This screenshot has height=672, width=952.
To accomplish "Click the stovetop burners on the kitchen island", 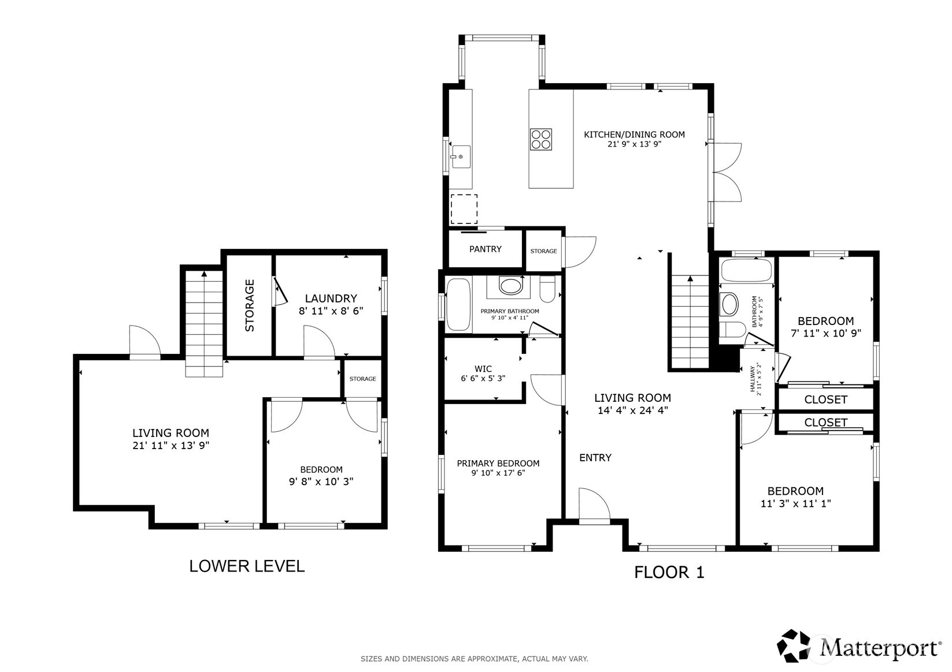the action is tap(540, 139).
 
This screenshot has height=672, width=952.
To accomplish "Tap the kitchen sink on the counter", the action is tap(461, 156).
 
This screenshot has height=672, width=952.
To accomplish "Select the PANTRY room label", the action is tap(486, 249).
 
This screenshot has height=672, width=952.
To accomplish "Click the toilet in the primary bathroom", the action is tap(547, 289).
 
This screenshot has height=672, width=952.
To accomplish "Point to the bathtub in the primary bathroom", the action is tap(458, 304).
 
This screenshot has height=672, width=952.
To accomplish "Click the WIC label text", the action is tap(483, 369).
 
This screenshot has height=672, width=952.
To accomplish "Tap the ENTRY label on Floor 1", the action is tap(595, 458).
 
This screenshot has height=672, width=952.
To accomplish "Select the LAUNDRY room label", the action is tap(331, 298).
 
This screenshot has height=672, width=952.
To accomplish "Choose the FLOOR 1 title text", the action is tap(669, 572).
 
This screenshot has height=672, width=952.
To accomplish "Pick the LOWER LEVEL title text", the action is tap(247, 566).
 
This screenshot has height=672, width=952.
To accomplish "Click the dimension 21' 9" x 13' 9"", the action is tap(634, 144).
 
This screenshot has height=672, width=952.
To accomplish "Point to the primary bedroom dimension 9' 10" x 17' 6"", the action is tap(498, 472).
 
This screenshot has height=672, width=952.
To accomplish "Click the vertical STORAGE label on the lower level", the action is tap(250, 305).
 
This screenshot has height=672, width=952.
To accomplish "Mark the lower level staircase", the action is tap(204, 323).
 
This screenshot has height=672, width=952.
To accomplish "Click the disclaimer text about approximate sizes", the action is tap(475, 659).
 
